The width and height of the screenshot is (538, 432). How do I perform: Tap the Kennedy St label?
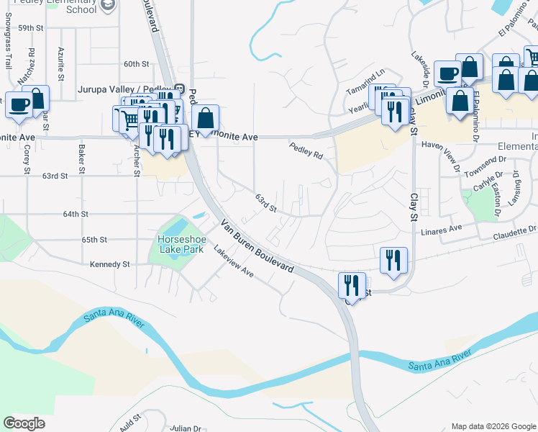pos(109,264)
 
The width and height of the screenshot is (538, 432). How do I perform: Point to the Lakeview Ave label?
pos(234,261)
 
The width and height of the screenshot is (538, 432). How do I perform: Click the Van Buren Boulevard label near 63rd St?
pos(257,245)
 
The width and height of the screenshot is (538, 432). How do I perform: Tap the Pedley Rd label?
pos(306,150)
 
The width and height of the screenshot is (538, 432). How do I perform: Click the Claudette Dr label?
pos(515,233)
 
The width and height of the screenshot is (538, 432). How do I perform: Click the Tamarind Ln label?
pos(365,72)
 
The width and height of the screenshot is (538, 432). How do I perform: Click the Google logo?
pos(24,423)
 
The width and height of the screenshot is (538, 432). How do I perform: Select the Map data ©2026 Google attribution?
pos(493,426)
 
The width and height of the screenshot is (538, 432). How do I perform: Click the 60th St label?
pos(135,64)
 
